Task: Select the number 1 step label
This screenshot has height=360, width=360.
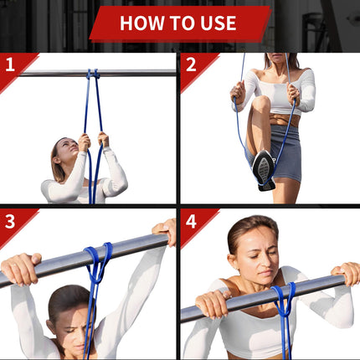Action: tap(10, 64)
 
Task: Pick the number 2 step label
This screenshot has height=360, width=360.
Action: tap(191, 64)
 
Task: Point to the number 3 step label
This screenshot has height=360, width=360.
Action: tap(10, 222)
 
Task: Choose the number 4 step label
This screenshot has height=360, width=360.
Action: tap(191, 222)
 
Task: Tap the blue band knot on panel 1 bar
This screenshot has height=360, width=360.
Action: tap(93, 74)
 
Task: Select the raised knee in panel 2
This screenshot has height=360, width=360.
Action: tap(260, 103)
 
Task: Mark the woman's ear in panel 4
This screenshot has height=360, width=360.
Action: tap(233, 262)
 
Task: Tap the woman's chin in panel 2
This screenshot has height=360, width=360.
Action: tap(276, 60)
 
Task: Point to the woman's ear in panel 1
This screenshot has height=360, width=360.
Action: tap(57, 160)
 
